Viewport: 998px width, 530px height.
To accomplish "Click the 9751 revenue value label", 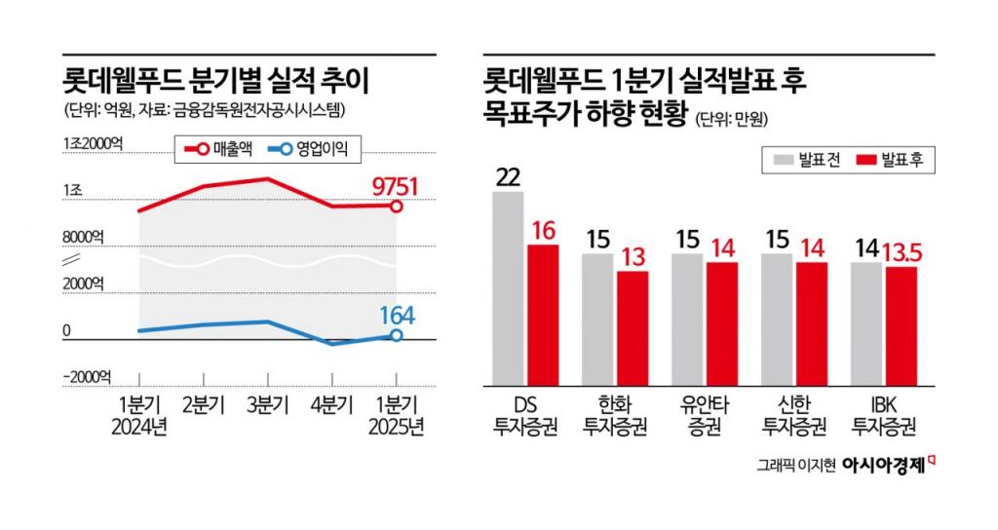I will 396,186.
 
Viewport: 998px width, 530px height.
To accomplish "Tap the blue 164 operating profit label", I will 396,316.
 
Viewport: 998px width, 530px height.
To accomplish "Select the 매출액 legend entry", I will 217,148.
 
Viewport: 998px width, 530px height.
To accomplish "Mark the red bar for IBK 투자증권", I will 902,326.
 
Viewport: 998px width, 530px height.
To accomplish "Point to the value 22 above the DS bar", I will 508,177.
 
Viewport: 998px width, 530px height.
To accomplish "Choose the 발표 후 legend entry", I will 892,159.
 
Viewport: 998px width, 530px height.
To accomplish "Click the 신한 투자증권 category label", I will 793,415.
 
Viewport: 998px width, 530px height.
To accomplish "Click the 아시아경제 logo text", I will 884,464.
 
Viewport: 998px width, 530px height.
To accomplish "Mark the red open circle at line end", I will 397,207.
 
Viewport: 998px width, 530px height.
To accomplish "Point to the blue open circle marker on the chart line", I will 397,336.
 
